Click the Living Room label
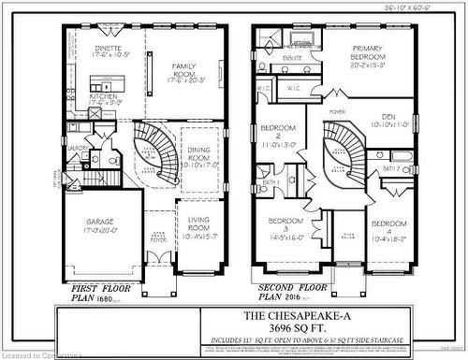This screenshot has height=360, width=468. click(x=197, y=224)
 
